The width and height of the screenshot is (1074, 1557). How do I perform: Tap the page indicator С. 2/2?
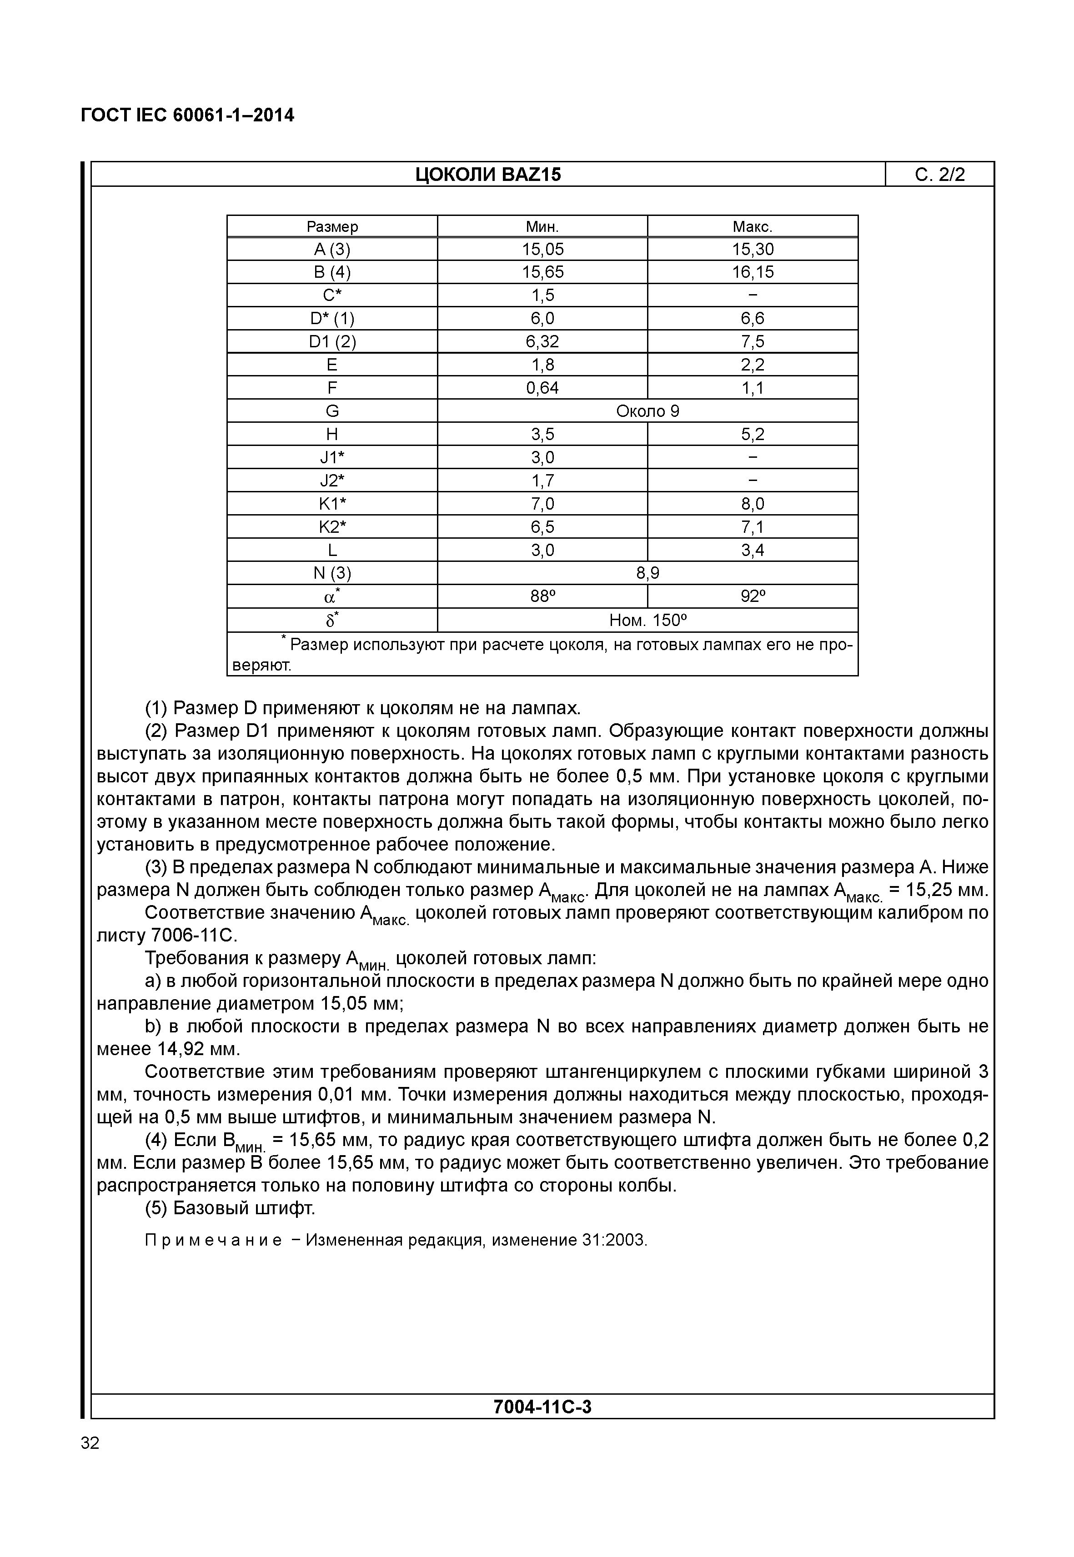coord(939,175)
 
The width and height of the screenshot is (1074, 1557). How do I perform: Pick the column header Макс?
coord(753,227)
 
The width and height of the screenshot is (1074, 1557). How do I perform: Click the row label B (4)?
coord(332,272)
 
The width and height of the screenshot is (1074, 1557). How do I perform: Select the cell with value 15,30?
coord(753,250)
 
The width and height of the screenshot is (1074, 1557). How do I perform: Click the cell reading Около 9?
coord(647,411)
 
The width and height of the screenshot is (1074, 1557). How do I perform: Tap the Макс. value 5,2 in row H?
coord(753,435)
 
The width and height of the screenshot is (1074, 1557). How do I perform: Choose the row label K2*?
coord(332,527)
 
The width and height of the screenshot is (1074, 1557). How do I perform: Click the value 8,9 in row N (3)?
coord(647,573)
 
